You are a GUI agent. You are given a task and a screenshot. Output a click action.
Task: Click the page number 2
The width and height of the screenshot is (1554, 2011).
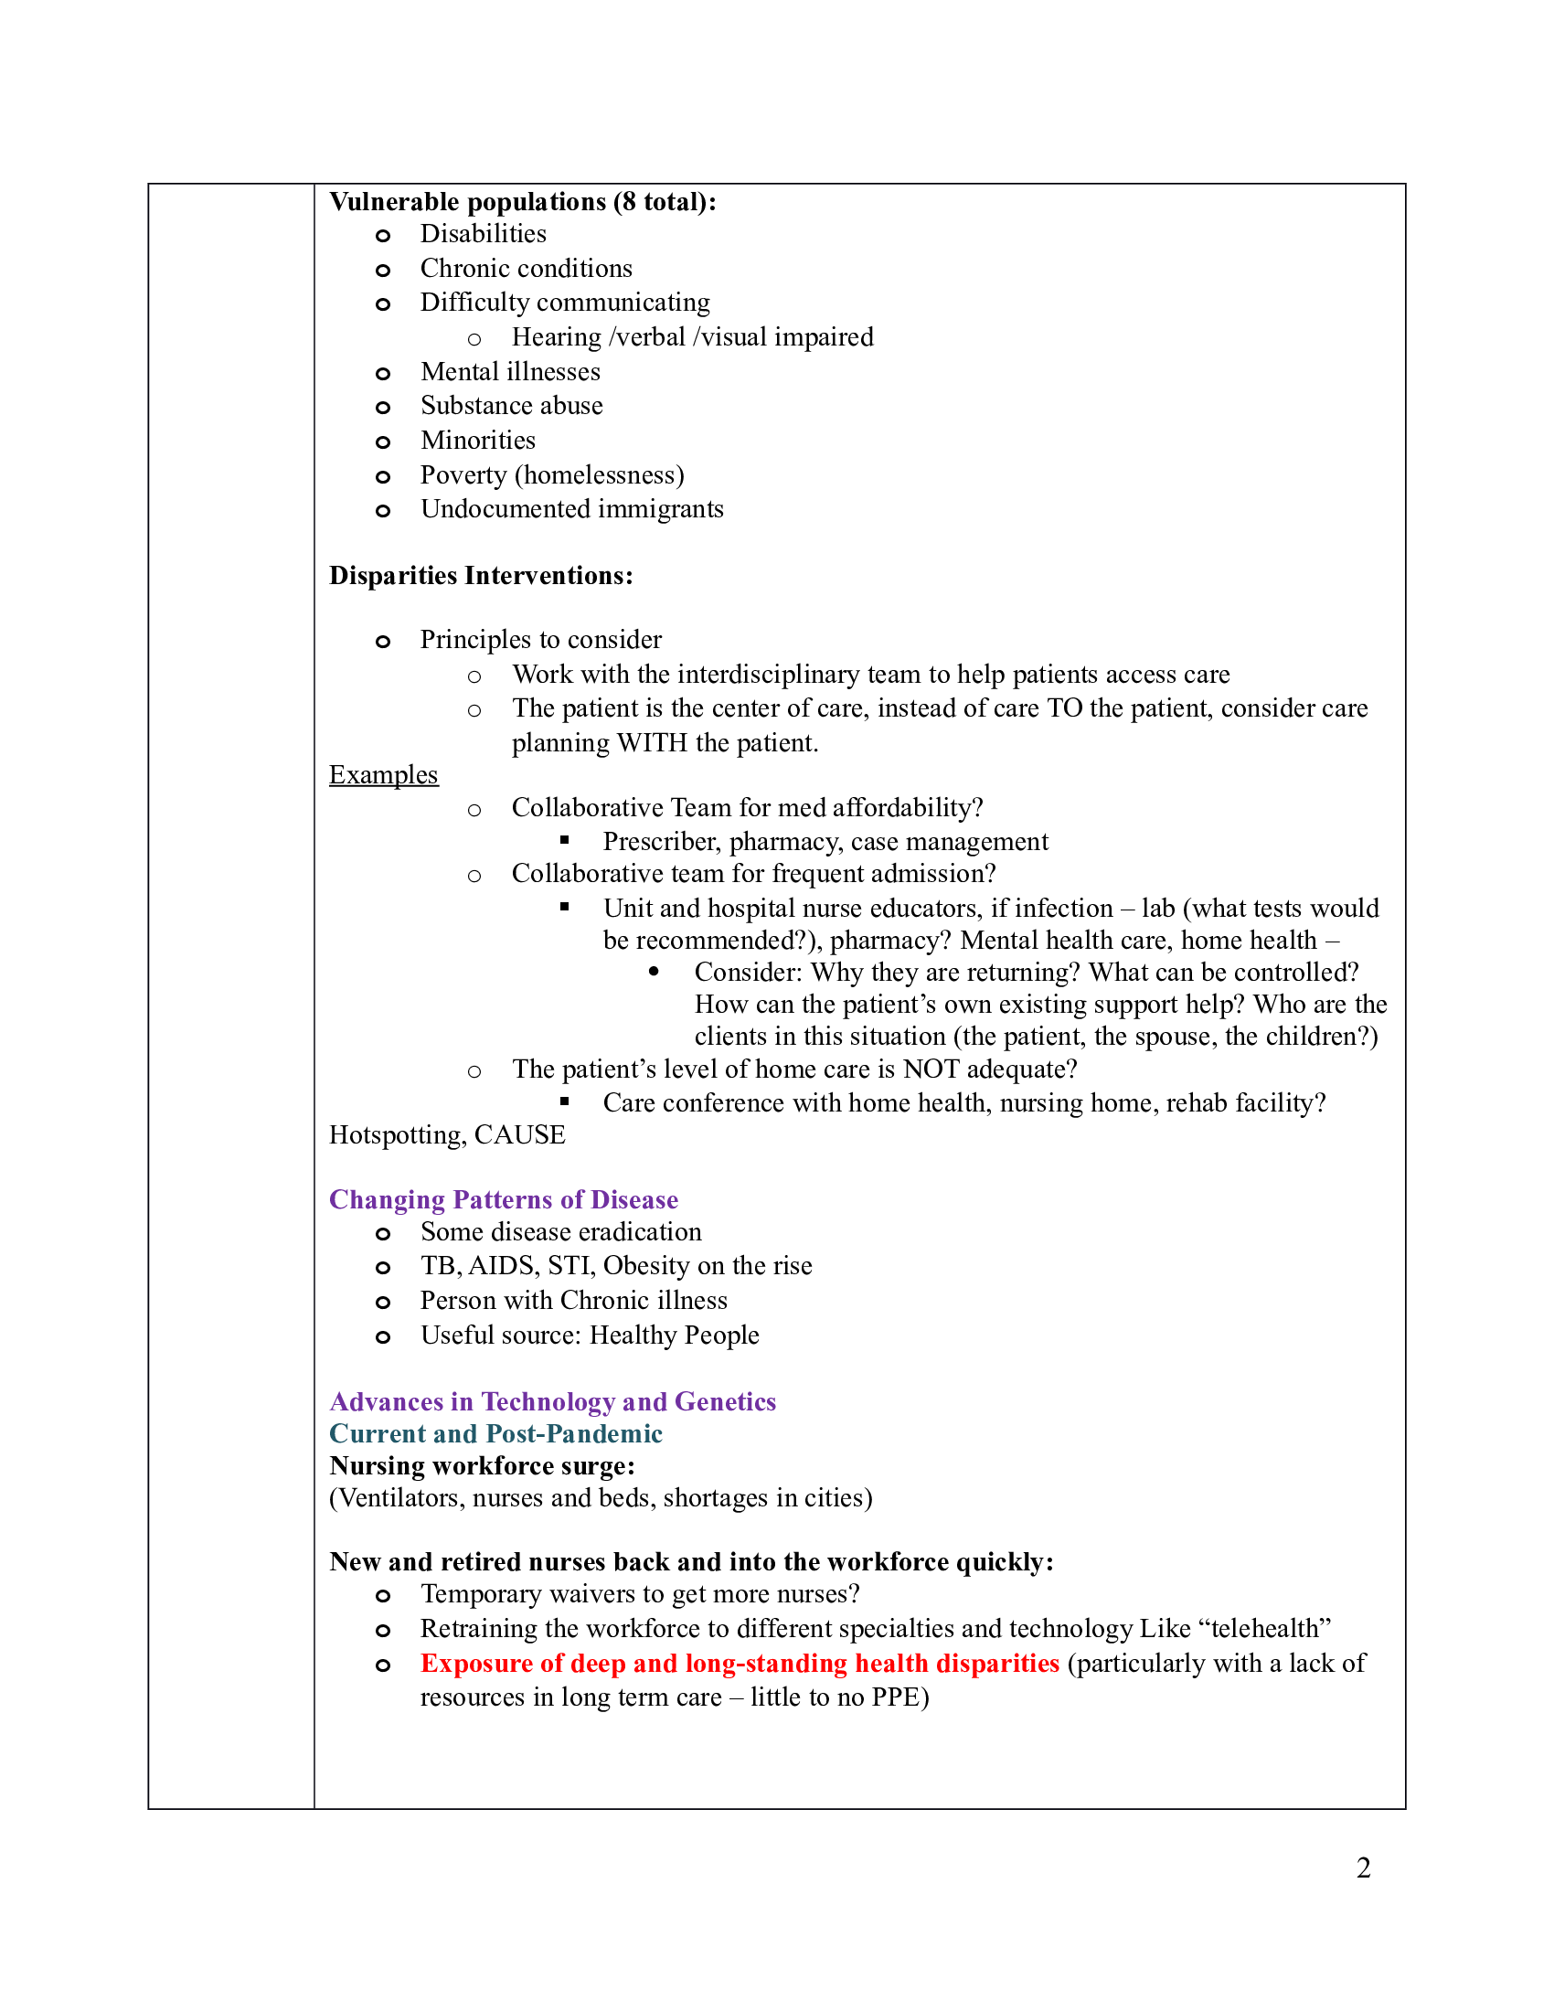click(x=1363, y=1867)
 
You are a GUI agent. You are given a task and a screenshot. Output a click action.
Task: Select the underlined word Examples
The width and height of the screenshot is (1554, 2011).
click(x=383, y=774)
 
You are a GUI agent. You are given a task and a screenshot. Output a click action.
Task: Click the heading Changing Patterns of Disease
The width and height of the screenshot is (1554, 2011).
click(x=503, y=1199)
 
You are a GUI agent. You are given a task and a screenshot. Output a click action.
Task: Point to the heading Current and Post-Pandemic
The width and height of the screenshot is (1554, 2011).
click(x=495, y=1432)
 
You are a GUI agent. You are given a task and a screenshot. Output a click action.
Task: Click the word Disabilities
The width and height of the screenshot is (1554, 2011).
click(x=483, y=234)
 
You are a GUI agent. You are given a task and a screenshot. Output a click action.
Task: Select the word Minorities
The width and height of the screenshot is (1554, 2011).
click(x=477, y=441)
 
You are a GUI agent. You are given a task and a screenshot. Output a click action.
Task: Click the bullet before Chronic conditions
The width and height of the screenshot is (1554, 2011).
click(x=383, y=270)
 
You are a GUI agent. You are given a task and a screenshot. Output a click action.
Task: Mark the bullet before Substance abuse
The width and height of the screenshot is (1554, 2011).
click(x=383, y=407)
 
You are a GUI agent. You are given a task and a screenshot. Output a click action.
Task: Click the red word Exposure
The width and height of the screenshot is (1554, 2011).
click(x=476, y=1663)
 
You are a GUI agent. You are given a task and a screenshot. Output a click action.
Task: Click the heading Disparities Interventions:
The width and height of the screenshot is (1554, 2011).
click(x=481, y=576)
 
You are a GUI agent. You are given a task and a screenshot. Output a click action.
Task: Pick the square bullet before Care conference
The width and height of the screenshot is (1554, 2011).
click(x=564, y=1101)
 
